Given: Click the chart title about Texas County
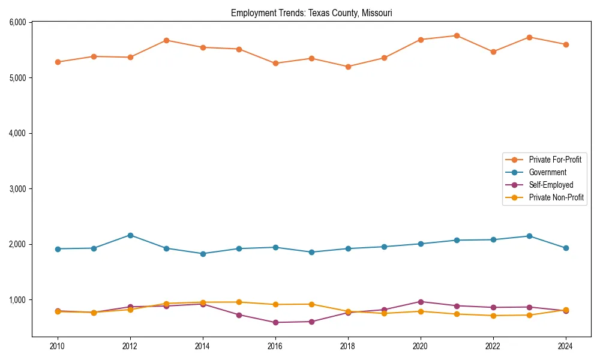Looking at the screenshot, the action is click(311, 13).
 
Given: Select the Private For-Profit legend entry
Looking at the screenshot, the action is click(555, 160).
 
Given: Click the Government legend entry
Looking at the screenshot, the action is click(547, 172).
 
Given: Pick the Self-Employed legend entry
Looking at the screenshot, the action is click(551, 185).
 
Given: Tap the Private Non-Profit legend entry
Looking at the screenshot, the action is click(556, 197).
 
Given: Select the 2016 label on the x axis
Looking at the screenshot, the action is click(275, 346).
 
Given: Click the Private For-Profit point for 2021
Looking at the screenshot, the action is click(457, 35).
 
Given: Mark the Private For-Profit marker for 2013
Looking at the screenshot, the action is click(166, 40).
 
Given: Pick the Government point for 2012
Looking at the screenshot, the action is click(130, 235).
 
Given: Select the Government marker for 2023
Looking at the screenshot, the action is click(529, 236).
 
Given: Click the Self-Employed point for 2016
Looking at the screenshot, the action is click(275, 322).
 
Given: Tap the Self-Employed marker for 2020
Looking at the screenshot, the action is click(421, 302).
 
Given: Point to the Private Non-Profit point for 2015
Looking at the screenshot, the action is click(239, 302).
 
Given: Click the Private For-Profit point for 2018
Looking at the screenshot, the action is click(348, 67).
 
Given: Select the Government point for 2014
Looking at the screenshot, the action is click(203, 254).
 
